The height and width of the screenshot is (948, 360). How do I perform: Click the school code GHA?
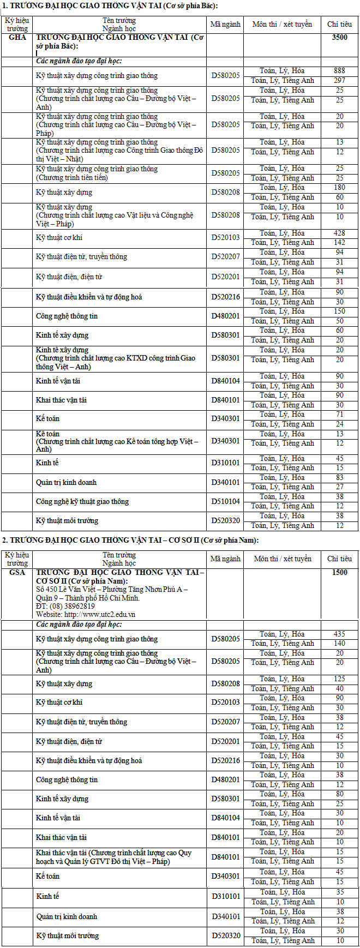(18, 38)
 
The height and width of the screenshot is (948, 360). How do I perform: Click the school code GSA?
(17, 572)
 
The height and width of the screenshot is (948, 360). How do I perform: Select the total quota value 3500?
(339, 38)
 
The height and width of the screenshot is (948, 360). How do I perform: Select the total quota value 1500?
(339, 572)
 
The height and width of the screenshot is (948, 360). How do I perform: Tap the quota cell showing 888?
(339, 71)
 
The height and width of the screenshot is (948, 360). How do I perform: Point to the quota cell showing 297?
(339, 81)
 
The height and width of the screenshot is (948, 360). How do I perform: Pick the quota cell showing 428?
(339, 233)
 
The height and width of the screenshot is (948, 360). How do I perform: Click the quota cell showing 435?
(339, 634)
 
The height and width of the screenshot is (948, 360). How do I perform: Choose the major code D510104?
(226, 502)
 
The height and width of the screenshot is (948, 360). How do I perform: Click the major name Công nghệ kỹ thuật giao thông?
(82, 502)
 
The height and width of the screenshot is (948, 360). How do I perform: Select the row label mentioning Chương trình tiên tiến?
(72, 178)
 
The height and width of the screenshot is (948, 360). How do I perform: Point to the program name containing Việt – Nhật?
(119, 151)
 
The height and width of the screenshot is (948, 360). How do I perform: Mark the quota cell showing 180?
(339, 188)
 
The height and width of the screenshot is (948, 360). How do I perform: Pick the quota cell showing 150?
(339, 311)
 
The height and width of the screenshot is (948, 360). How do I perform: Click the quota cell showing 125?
(339, 679)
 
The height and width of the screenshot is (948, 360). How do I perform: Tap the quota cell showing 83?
(339, 477)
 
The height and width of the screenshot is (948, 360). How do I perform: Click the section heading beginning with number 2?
(130, 540)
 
